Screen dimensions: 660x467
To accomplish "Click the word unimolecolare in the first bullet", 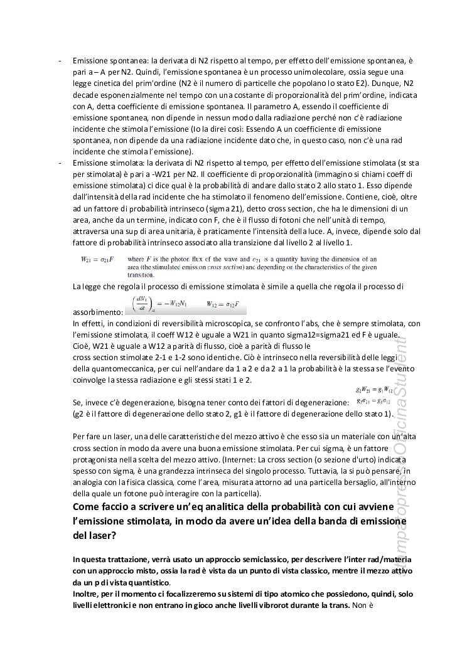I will coord(264,72).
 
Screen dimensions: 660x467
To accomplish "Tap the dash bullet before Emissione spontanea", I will coord(59,61).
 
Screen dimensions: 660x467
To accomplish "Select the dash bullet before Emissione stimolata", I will coord(59,162).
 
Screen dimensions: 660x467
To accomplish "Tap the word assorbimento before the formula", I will coord(97,312).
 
